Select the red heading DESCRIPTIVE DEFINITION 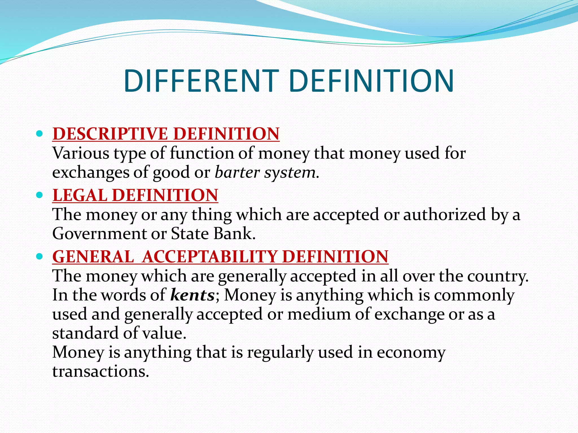click(166, 134)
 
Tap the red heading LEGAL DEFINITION click(135, 195)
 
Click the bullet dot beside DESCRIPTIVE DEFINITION click(40, 133)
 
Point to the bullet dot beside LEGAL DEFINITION click(40, 195)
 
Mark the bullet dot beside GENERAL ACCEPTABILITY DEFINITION click(40, 256)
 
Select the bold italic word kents click(193, 295)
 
